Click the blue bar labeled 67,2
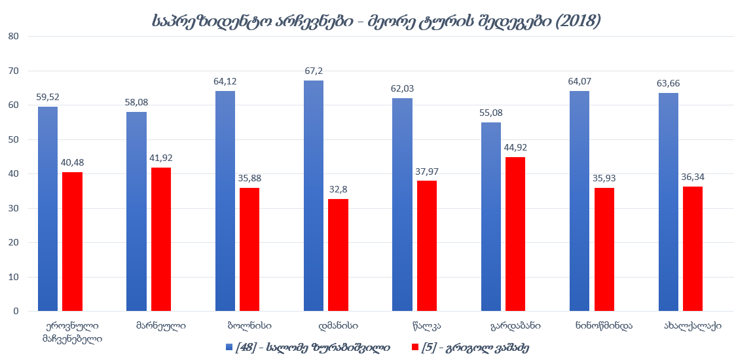[314, 196]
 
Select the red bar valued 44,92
[515, 234]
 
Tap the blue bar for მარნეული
[136, 211]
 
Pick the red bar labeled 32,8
[338, 255]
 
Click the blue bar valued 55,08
[491, 217]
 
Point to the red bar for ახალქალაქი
[693, 249]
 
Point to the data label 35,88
[249, 177]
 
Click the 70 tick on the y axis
[13, 71]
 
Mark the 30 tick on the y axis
[13, 208]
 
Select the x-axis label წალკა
[426, 325]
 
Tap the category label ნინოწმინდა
[604, 325]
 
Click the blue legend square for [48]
[229, 348]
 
